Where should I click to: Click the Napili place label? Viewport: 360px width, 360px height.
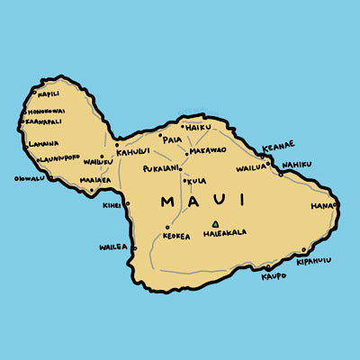48,93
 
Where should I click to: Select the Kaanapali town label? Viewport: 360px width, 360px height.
42,121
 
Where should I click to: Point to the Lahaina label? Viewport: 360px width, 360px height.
43,143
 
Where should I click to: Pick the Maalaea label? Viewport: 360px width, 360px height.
94,179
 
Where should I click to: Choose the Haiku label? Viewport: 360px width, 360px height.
197,128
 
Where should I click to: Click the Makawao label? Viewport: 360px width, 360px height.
206,150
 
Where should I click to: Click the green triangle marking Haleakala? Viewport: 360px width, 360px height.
214,223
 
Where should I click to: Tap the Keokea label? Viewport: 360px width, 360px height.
176,236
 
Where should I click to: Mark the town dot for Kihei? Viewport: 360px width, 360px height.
128,203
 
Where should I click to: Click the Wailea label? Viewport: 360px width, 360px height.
114,246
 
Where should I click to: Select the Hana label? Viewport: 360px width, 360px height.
321,205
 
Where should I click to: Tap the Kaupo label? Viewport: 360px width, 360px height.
274,276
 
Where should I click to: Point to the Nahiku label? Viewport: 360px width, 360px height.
296,165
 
